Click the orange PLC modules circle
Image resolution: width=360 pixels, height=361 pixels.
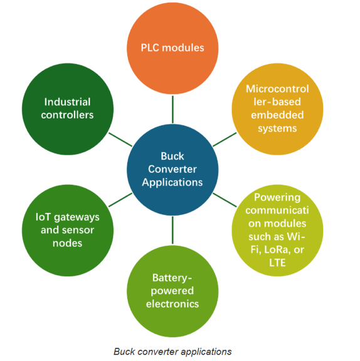[x=172, y=48]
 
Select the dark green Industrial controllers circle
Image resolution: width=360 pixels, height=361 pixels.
[x=67, y=108]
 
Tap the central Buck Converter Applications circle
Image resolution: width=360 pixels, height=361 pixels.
[x=172, y=169]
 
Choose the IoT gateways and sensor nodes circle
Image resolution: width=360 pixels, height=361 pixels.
[x=67, y=229]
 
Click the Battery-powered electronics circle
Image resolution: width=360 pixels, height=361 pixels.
[x=172, y=290]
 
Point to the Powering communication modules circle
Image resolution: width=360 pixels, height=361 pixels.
[x=277, y=229]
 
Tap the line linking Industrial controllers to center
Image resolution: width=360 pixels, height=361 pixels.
[x=120, y=139]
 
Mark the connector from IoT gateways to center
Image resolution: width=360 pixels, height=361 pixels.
[x=120, y=199]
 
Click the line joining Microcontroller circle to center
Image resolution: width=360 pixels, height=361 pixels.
[x=224, y=139]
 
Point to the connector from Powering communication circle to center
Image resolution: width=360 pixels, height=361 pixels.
[x=224, y=199]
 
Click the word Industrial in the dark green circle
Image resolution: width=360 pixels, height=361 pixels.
[x=67, y=102]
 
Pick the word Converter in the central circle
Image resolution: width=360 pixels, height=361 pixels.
[x=172, y=169]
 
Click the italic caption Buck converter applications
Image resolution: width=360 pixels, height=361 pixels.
[x=172, y=351]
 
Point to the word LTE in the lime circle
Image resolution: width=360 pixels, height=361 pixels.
[x=277, y=263]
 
